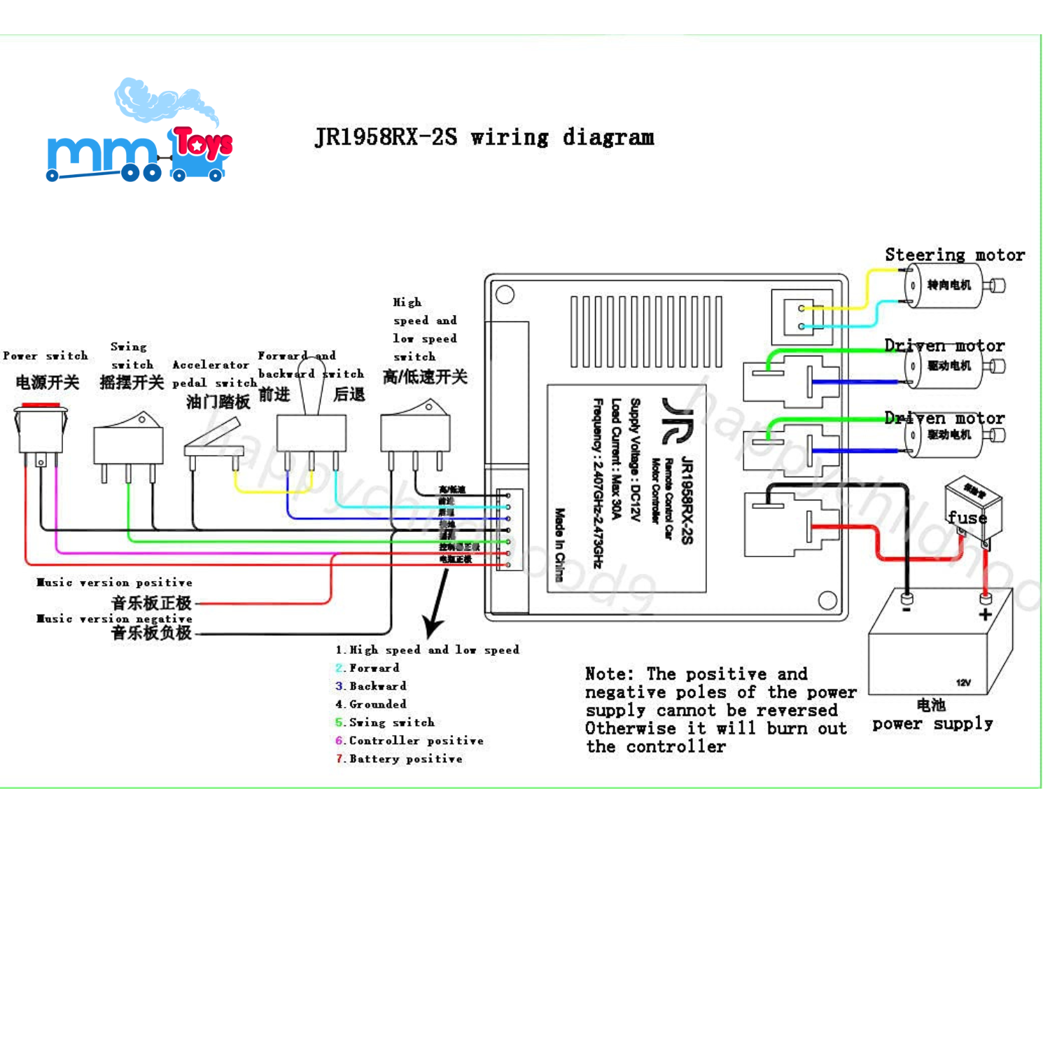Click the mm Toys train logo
140,133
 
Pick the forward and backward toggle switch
311,430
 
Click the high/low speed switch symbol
415,430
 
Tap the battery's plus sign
986,615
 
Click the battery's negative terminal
906,600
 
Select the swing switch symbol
128,441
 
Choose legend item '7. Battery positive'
400,759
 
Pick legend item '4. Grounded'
371,704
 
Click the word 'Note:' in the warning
609,674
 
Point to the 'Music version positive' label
114,582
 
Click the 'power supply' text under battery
932,724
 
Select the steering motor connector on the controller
802,317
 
